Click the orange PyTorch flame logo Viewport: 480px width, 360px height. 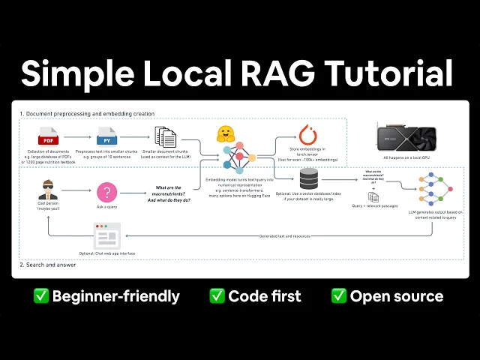coord(307,136)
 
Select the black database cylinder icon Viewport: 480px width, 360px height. coord(308,180)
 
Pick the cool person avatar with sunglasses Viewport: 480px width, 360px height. coord(48,189)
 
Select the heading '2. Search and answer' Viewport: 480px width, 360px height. coord(46,265)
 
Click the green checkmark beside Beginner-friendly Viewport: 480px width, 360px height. coord(40,295)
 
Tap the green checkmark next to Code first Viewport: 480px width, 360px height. coord(217,295)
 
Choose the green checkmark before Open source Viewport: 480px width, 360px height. coord(339,295)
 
